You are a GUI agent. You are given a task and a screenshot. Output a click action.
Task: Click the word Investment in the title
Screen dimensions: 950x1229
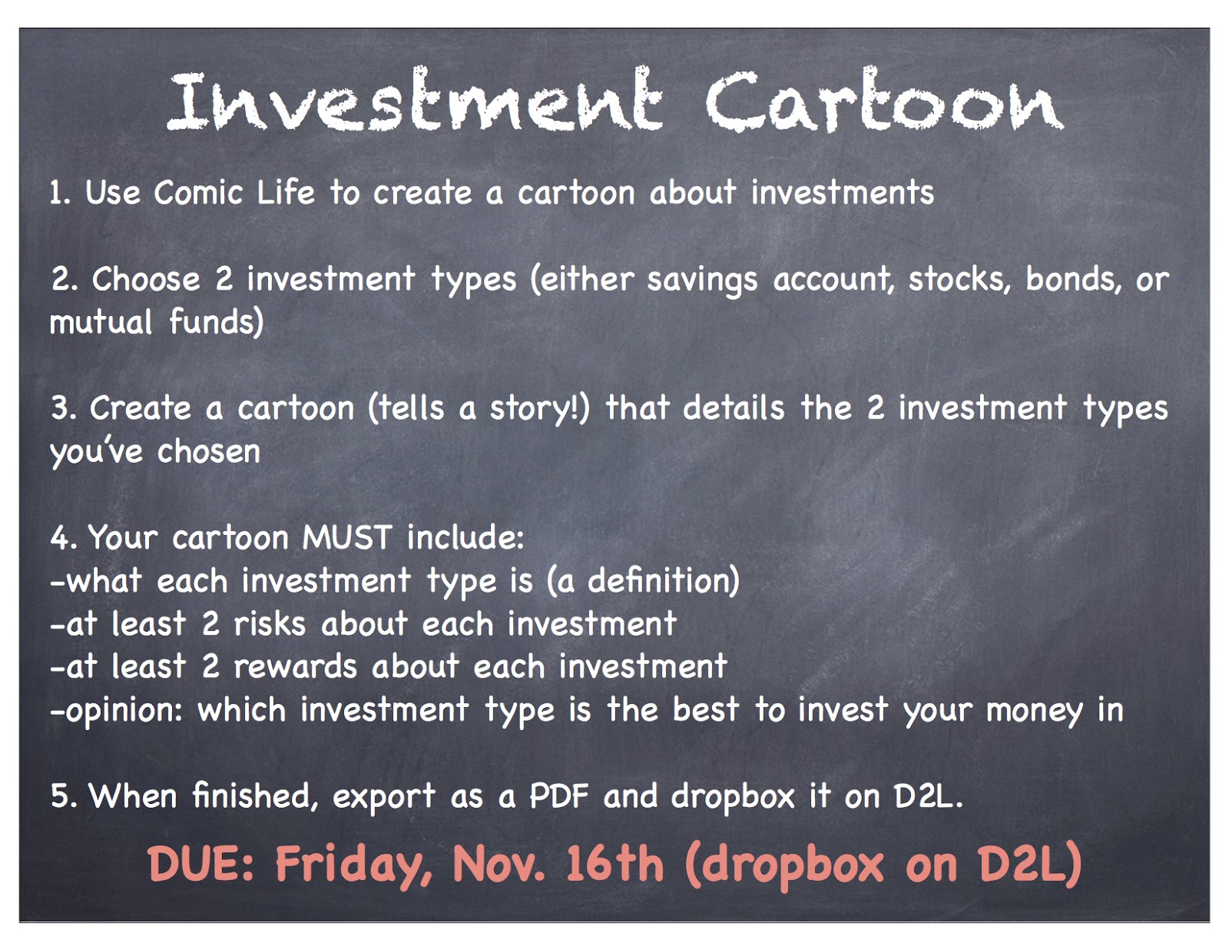(415, 102)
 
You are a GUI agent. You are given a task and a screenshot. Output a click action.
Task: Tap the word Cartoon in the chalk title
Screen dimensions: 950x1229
(884, 102)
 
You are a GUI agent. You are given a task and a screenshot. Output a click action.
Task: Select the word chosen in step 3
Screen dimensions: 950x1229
(209, 452)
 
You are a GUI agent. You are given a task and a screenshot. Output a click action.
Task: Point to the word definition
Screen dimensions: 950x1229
(663, 581)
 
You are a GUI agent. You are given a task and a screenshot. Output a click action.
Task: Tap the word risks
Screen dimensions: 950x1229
(270, 624)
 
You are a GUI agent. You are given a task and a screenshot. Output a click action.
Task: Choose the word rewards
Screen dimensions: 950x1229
(295, 667)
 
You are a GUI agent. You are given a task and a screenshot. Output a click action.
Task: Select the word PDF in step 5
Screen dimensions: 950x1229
(558, 796)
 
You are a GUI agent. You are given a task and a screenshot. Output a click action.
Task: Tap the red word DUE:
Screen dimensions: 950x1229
(201, 864)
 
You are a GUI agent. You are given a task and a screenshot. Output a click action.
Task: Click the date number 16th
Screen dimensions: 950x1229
(614, 864)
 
